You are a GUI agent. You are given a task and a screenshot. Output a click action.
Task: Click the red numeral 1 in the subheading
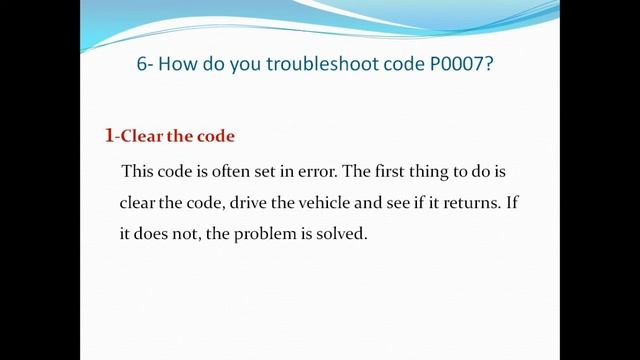(109, 134)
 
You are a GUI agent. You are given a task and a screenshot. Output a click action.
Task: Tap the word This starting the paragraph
(138, 171)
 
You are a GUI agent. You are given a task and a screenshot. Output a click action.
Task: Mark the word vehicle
(334, 202)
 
